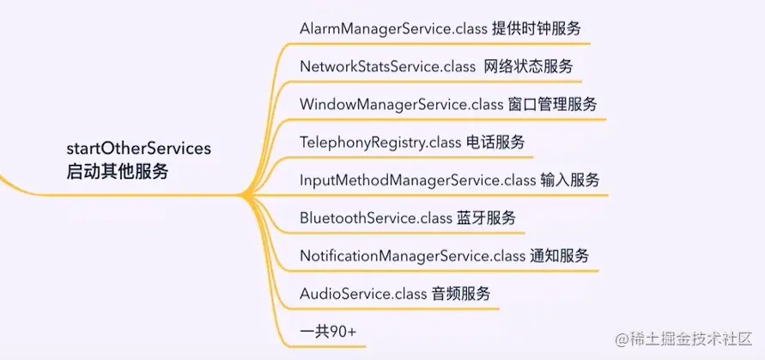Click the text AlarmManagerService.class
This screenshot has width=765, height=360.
(392, 28)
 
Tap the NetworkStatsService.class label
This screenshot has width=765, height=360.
(387, 66)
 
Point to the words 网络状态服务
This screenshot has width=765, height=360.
(531, 66)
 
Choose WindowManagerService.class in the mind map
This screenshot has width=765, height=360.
(401, 104)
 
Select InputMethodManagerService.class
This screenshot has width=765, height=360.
(418, 180)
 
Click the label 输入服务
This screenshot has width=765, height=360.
(570, 180)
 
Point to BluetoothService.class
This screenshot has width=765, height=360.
(375, 217)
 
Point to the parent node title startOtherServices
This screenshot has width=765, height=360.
(138, 149)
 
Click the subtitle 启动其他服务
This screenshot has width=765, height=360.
(118, 171)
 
